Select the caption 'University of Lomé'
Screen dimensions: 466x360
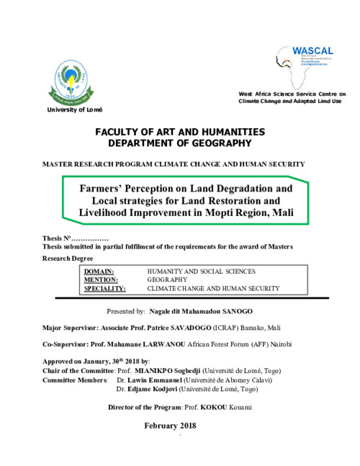click(75, 109)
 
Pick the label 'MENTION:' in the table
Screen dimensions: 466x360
click(101, 279)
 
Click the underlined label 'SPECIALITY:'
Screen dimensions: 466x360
click(105, 287)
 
